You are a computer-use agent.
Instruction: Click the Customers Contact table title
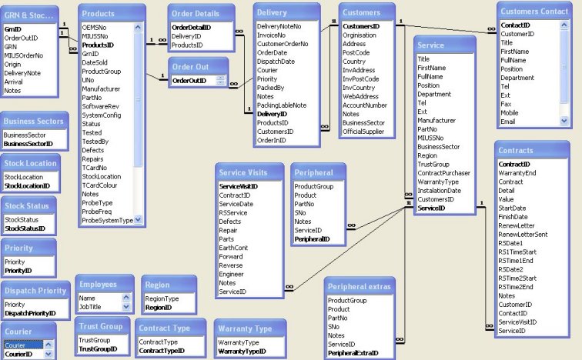pos(533,12)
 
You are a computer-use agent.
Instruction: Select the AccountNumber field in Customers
pos(365,105)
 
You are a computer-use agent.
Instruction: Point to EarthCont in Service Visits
pos(234,248)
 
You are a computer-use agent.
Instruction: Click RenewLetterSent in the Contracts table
pos(523,234)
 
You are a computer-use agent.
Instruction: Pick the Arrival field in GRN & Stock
pos(13,82)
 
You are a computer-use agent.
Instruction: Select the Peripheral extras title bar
pos(360,287)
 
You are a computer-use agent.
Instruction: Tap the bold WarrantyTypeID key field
pos(242,352)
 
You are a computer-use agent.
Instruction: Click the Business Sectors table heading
pos(33,122)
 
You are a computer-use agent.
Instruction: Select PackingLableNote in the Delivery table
pos(281,105)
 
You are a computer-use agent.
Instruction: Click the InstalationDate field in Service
pos(439,191)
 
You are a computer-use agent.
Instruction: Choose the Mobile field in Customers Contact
pos(510,112)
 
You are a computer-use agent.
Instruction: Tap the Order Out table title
pos(189,67)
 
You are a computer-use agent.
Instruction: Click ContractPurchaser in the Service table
pos(444,173)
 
